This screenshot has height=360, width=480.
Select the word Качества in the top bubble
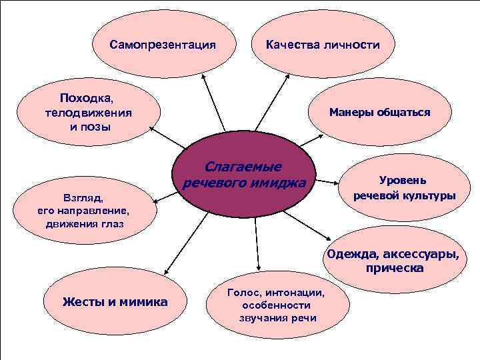coord(291,45)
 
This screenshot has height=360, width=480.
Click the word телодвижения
coord(89,112)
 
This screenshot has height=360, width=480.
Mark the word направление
coord(92,211)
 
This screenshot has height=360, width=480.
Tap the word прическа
coord(394,268)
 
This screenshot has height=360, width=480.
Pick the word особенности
coord(277,305)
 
